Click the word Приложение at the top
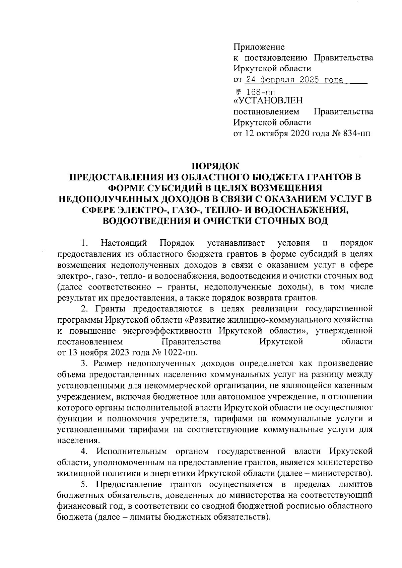pos(259,47)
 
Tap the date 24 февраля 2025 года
pos(294,80)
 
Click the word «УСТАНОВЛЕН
pos(268,100)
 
